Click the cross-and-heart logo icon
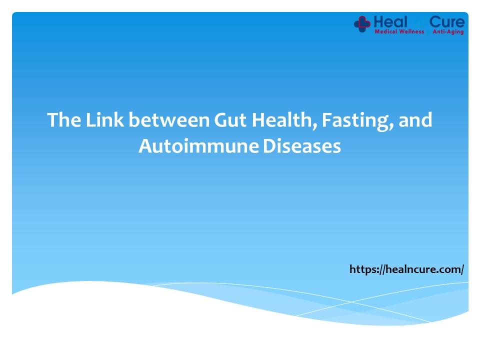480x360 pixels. point(362,23)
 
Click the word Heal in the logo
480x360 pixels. point(390,21)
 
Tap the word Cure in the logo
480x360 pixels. point(447,21)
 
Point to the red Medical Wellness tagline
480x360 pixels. point(399,31)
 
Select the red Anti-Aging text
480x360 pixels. point(447,31)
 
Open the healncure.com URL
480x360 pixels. point(407,269)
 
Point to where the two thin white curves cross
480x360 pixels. point(351,301)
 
